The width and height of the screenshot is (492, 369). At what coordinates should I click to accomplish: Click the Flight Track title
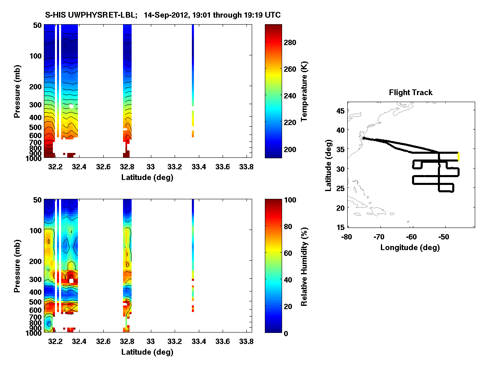pyautogui.click(x=410, y=93)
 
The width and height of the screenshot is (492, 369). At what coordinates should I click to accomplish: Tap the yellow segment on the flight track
pyautogui.click(x=459, y=157)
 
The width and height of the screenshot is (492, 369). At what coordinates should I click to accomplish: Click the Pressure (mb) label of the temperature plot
pyautogui.click(x=17, y=91)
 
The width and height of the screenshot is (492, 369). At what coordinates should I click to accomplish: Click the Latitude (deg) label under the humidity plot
pyautogui.click(x=147, y=352)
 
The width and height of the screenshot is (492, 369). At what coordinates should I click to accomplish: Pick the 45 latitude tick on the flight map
pyautogui.click(x=340, y=110)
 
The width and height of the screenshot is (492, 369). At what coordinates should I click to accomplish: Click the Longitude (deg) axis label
pyautogui.click(x=410, y=247)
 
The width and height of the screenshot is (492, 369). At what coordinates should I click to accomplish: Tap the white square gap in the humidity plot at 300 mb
pyautogui.click(x=71, y=280)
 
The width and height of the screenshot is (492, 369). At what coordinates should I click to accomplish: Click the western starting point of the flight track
pyautogui.click(x=363, y=139)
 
